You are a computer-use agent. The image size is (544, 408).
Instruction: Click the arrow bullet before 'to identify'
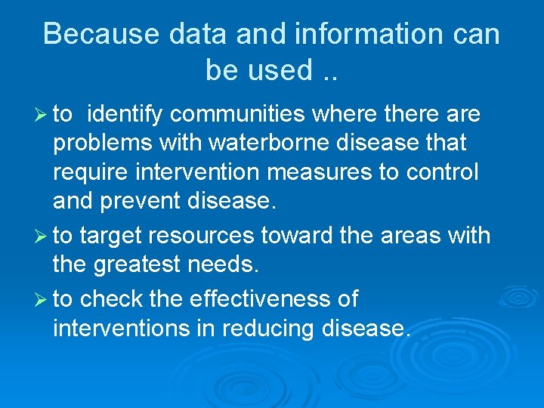coord(41,115)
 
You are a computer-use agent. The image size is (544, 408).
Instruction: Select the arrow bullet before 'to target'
coord(41,236)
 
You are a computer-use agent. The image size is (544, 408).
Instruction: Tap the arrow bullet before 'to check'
coord(41,300)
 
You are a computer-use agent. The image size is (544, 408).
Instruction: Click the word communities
coord(237,115)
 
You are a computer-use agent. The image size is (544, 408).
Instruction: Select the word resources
coord(202,236)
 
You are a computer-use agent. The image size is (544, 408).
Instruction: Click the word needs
coord(227,265)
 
